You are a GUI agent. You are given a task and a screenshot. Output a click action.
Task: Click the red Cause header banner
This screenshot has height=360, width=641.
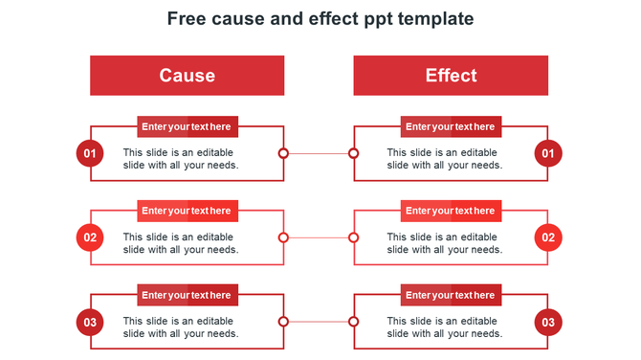coord(187,76)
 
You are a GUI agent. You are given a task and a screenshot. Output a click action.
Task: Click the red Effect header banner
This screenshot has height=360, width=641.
coord(451,76)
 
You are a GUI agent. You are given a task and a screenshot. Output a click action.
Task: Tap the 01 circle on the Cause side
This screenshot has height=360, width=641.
coord(90,153)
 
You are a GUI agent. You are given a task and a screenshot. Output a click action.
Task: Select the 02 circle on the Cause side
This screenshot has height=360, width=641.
coord(90,237)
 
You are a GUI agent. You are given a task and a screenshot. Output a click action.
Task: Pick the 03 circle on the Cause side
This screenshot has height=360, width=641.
coord(90,322)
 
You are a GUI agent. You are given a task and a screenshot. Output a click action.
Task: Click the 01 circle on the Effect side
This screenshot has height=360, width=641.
coord(548,153)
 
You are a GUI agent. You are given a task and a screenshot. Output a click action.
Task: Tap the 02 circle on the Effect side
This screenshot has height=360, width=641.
coord(548,237)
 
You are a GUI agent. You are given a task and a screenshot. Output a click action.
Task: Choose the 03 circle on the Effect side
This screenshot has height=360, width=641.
coord(548,322)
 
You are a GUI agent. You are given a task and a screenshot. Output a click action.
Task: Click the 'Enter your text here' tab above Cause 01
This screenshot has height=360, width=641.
coord(187,126)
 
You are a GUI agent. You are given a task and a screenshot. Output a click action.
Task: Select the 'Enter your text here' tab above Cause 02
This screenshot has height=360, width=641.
coord(187,211)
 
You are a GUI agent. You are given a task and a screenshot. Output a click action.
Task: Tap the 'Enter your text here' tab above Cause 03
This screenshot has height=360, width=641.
coord(187,295)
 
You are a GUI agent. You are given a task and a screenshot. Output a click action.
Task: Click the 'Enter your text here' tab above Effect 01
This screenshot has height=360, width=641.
coord(451,126)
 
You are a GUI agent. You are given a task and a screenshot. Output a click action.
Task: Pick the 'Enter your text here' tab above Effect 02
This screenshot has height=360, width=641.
coord(451,211)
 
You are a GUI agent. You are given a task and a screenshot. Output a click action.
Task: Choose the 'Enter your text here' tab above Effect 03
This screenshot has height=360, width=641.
coord(451,295)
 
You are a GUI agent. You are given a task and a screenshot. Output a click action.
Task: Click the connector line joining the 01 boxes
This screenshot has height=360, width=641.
coord(319,153)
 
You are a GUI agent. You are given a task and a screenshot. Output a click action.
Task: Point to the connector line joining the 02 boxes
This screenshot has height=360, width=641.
coord(319,237)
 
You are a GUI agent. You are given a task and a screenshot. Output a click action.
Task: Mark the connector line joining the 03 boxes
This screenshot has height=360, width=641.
coord(319,322)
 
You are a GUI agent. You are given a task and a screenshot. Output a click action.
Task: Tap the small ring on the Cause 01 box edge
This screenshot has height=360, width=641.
coord(283,153)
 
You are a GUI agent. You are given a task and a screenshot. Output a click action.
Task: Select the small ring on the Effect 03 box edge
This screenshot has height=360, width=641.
coord(353,322)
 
